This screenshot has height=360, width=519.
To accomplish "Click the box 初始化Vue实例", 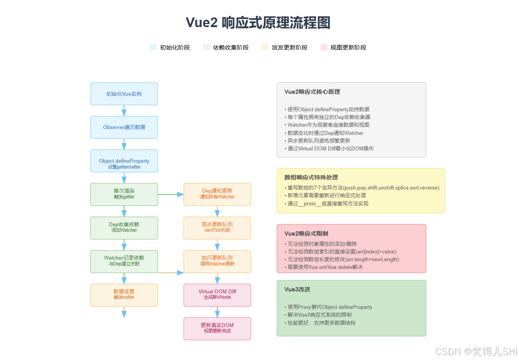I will (x=124, y=94).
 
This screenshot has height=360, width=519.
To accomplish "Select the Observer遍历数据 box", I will (x=124, y=127).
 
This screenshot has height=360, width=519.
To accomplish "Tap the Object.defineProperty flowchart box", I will (x=124, y=161).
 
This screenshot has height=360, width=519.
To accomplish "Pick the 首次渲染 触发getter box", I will (x=124, y=194).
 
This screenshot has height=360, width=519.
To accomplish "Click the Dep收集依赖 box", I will (x=124, y=228).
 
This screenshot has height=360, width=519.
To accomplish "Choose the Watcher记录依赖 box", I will (x=124, y=261).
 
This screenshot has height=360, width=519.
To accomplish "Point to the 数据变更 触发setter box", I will (x=124, y=295).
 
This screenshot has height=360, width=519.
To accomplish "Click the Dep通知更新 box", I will (x=217, y=194).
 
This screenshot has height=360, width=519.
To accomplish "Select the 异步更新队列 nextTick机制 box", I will (x=217, y=228).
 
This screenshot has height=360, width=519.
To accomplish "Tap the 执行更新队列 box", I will (x=217, y=261).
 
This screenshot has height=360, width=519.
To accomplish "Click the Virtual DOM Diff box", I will (x=217, y=295).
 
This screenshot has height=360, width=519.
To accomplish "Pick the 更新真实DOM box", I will (x=217, y=329).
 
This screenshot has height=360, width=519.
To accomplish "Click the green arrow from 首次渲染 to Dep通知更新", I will (x=170, y=195).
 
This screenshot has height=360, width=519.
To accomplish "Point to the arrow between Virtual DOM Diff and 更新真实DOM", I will (x=217, y=312).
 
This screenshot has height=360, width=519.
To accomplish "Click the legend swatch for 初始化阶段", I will (x=153, y=47).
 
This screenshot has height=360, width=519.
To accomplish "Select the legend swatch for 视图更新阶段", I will (x=324, y=47).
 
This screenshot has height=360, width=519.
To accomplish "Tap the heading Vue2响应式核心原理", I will (x=312, y=92).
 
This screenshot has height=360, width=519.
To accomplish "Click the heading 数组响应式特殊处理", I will (x=311, y=177).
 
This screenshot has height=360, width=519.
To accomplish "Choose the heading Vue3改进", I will (x=297, y=289).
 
